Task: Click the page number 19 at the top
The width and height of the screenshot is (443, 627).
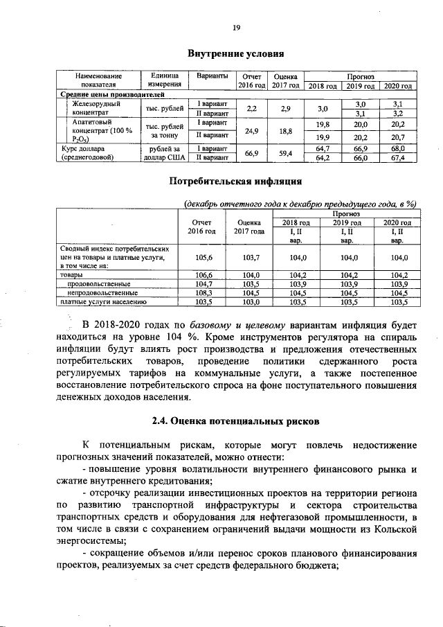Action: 236,27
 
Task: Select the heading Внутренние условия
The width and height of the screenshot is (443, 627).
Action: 236,53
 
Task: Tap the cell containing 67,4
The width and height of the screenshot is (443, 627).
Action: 397,159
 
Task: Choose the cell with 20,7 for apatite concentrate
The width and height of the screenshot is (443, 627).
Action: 397,136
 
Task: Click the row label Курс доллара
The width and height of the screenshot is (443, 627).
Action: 82,148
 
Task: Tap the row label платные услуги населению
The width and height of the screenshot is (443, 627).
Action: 102,301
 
